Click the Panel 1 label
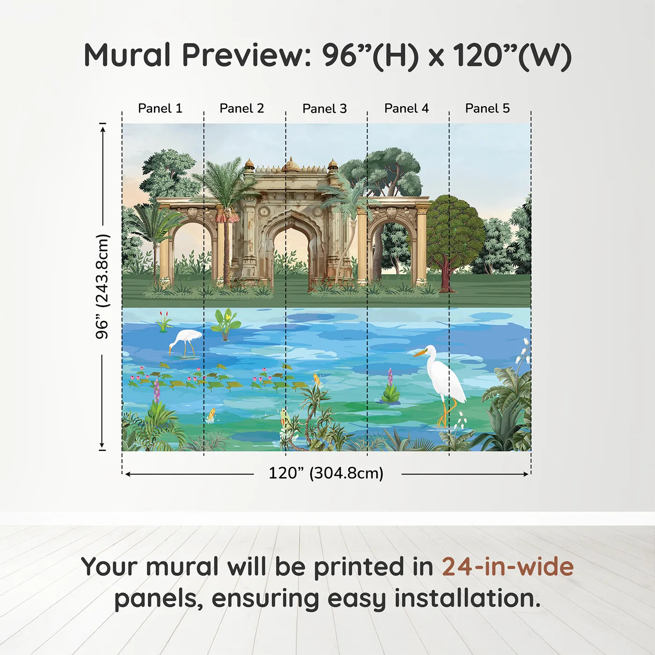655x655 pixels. pyautogui.click(x=160, y=109)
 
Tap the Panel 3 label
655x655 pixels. pyautogui.click(x=325, y=109)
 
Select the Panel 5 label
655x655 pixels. pyautogui.click(x=488, y=109)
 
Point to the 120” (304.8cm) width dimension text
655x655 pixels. pyautogui.click(x=326, y=473)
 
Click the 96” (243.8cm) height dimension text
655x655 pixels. pyautogui.click(x=102, y=286)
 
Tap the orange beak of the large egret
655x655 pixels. pyautogui.click(x=419, y=354)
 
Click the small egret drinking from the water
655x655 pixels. pyautogui.click(x=185, y=342)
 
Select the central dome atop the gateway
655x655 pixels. pyautogui.click(x=291, y=165)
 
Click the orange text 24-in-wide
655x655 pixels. pyautogui.click(x=508, y=566)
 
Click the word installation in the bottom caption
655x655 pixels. pyautogui.click(x=467, y=598)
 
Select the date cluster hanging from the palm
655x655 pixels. pyautogui.click(x=225, y=216)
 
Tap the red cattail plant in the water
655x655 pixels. pyautogui.click(x=164, y=321)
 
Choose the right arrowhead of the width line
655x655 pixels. pyautogui.click(x=526, y=474)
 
